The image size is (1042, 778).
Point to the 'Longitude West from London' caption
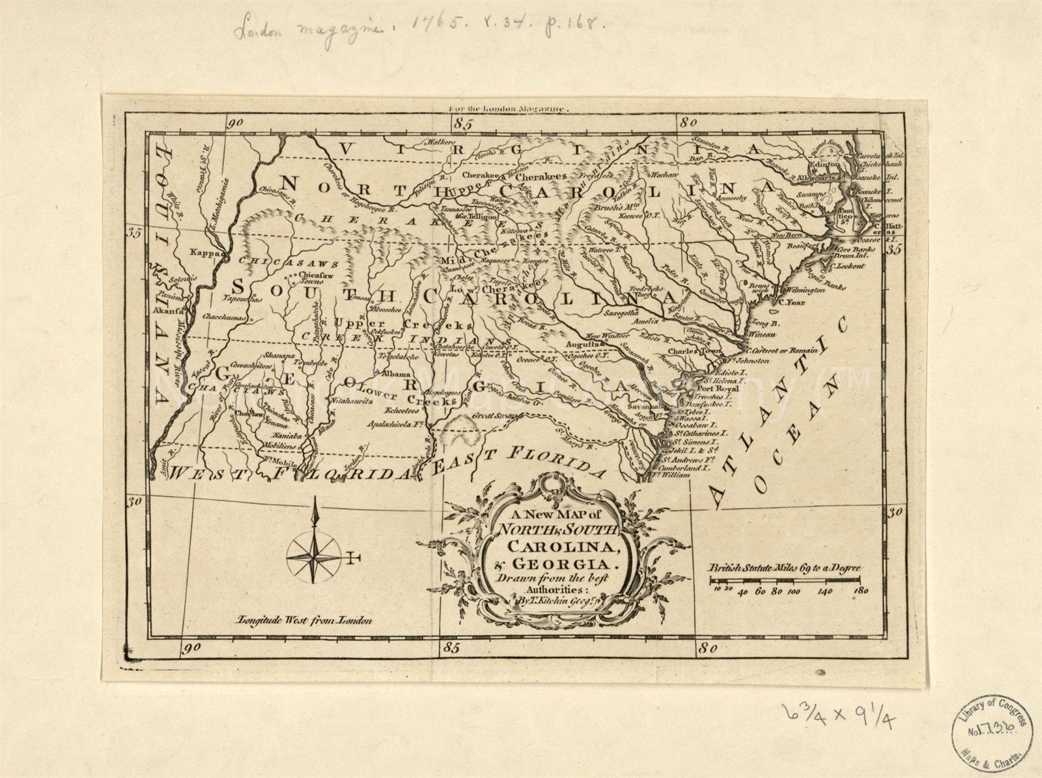pos(304,620)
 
